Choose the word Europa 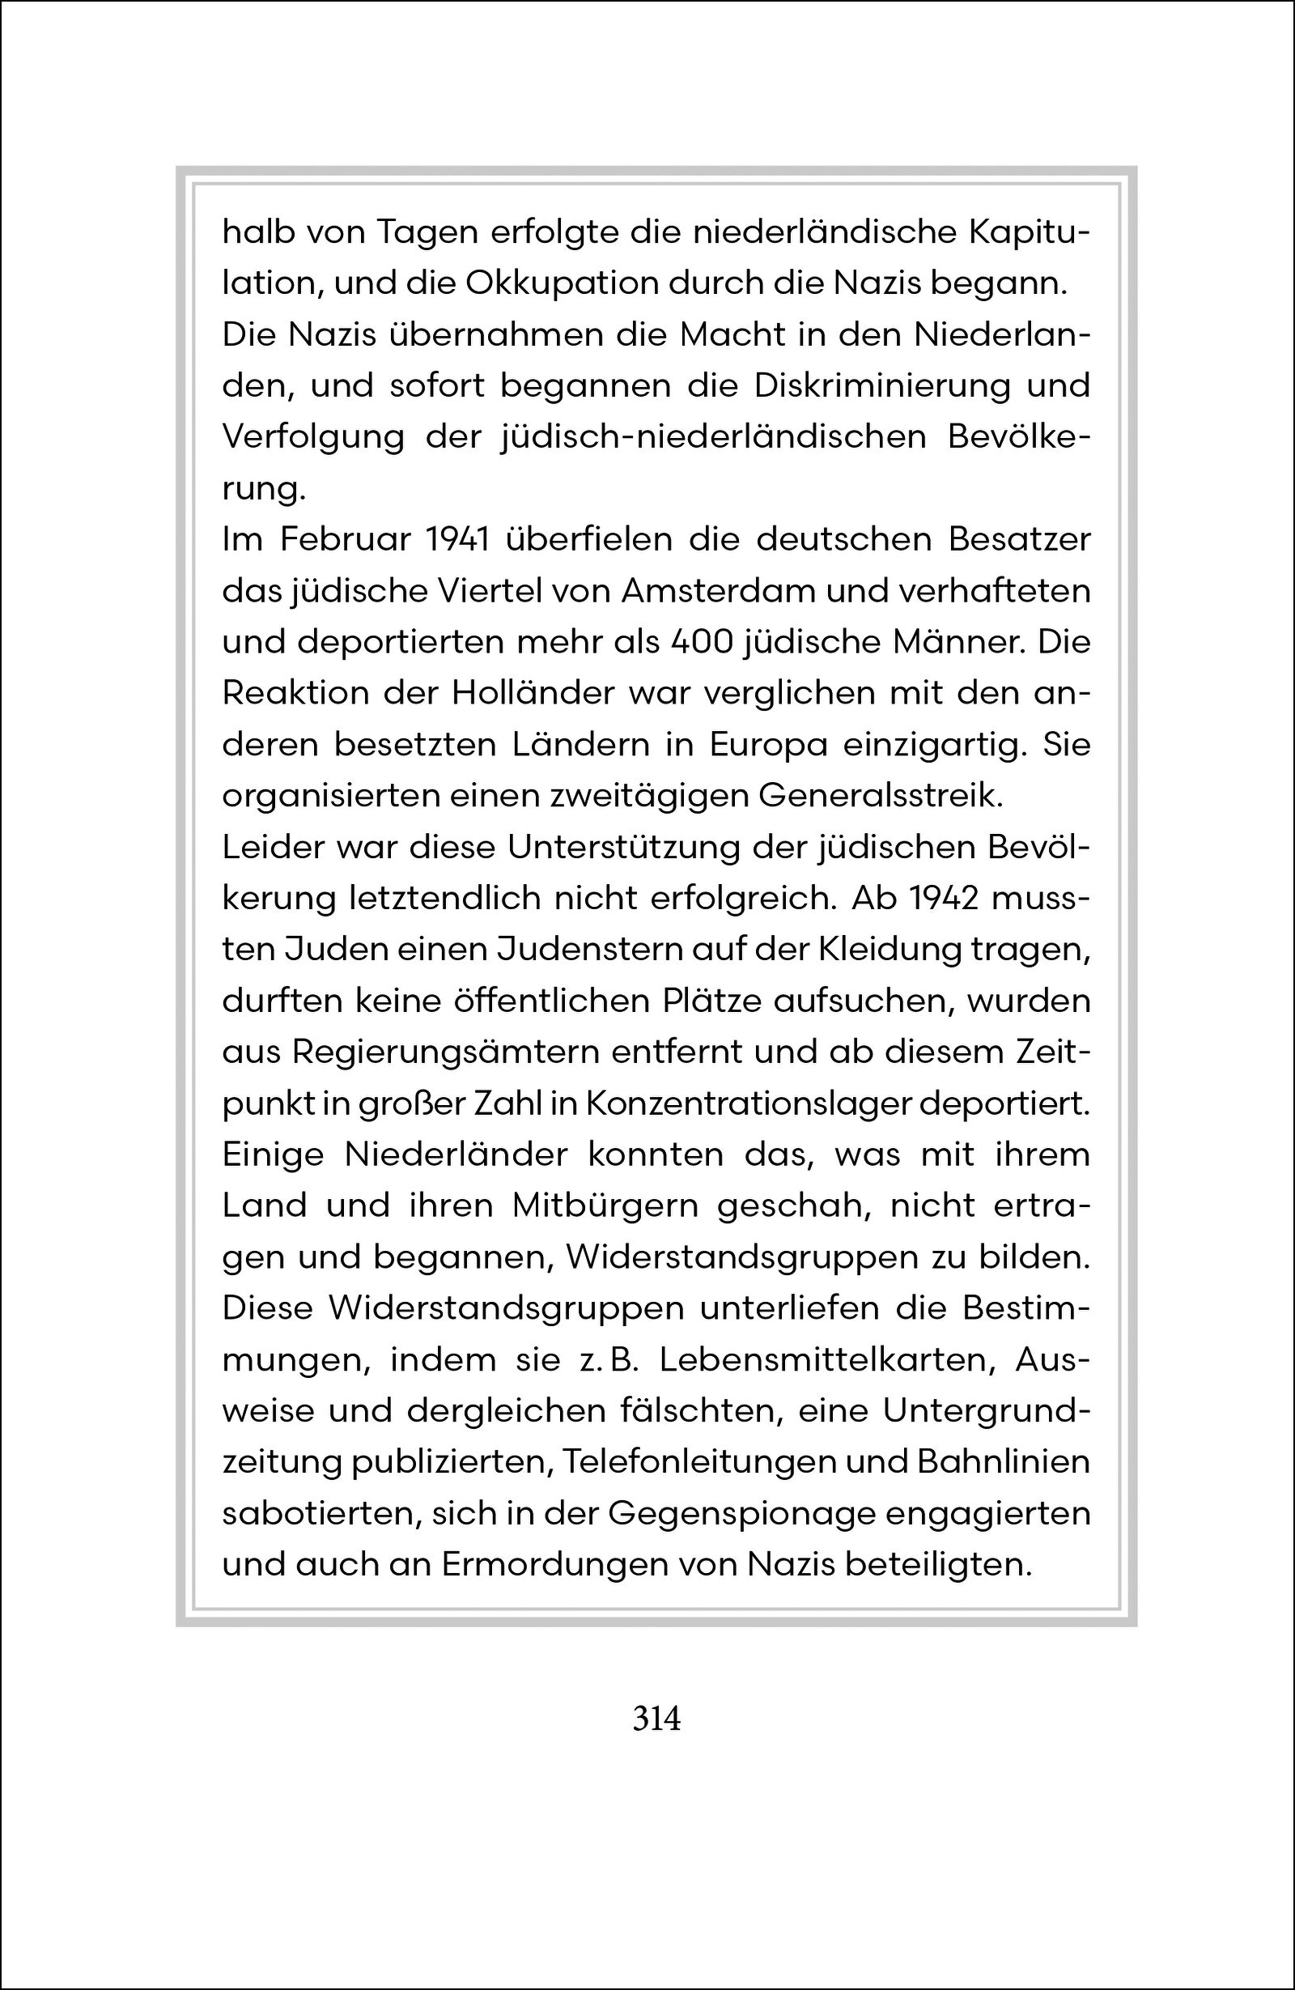point(768,744)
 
